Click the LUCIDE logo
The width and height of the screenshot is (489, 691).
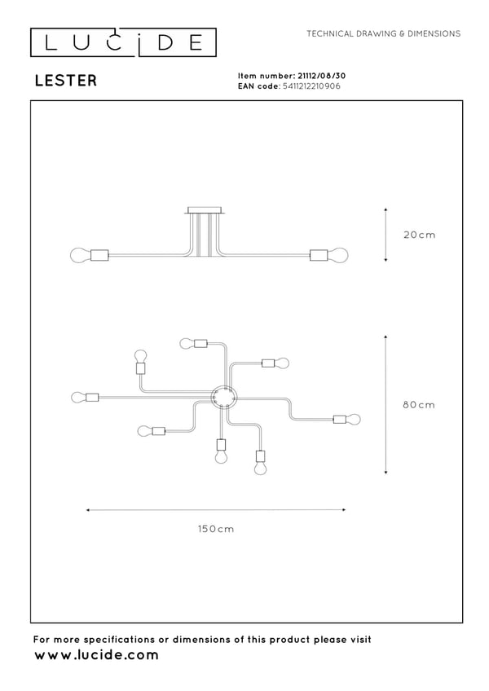point(123,42)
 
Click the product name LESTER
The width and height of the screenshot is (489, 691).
point(66,81)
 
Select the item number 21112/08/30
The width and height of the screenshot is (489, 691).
point(321,76)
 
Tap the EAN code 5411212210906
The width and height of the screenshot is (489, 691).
point(311,86)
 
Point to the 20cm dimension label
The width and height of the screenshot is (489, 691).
point(420,235)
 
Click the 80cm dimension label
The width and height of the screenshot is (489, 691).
point(419,404)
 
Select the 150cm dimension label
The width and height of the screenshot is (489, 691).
point(216,529)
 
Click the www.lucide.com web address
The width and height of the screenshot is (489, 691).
point(96,655)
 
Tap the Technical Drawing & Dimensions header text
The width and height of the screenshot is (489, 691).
point(384,33)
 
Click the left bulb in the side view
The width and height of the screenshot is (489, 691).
point(80,255)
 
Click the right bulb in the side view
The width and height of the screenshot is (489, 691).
point(338,255)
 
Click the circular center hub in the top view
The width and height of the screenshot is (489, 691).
point(224,398)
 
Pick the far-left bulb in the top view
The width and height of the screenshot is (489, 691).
point(78,398)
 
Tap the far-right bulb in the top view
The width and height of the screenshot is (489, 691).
point(354,419)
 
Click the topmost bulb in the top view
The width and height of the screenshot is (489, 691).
point(187,343)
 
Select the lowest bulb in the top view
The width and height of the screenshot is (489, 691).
point(261,468)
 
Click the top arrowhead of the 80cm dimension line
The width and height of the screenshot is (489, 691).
point(385,337)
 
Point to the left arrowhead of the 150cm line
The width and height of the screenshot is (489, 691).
point(89,510)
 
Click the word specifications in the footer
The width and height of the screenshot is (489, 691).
point(119,640)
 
